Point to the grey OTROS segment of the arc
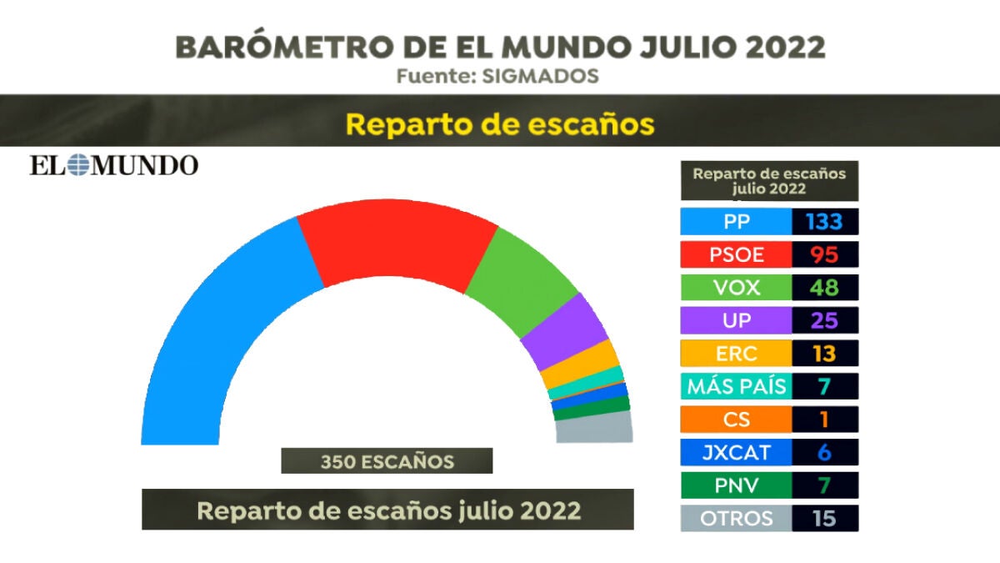click(593, 430)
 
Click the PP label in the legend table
click(736, 222)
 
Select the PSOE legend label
click(736, 254)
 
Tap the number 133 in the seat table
click(823, 222)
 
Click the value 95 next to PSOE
click(823, 254)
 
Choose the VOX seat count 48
click(823, 288)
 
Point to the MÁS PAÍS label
click(736, 387)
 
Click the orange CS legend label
click(736, 420)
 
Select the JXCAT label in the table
click(736, 453)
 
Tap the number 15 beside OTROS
click(823, 518)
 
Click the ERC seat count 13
click(823, 354)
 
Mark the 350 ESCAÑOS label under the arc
click(387, 461)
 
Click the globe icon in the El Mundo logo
click(77, 164)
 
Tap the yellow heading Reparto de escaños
click(500, 124)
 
